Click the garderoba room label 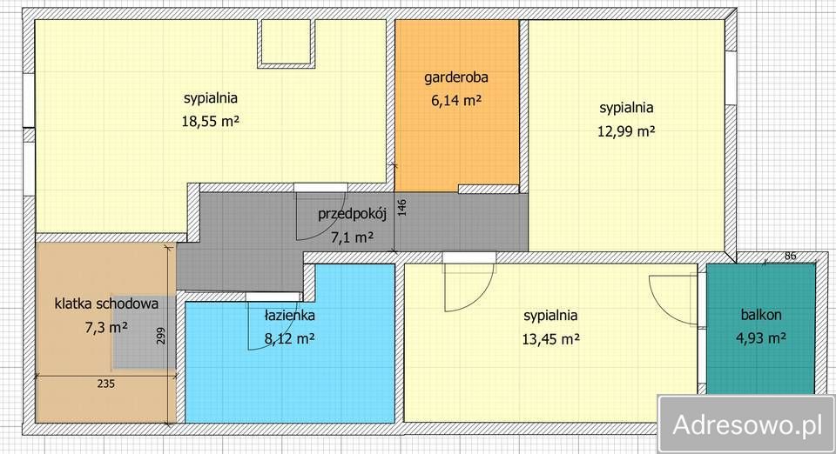click(455, 77)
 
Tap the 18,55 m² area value click(210, 123)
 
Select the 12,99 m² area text click(626, 131)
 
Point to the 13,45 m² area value click(550, 338)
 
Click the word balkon click(760, 315)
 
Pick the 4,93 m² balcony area click(760, 338)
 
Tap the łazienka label click(290, 315)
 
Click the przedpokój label click(345, 214)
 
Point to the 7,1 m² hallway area click(352, 237)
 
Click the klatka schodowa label click(105, 304)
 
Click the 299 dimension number click(159, 336)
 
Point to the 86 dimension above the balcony click(790, 256)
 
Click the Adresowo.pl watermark click(747, 424)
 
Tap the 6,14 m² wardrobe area click(455, 101)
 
